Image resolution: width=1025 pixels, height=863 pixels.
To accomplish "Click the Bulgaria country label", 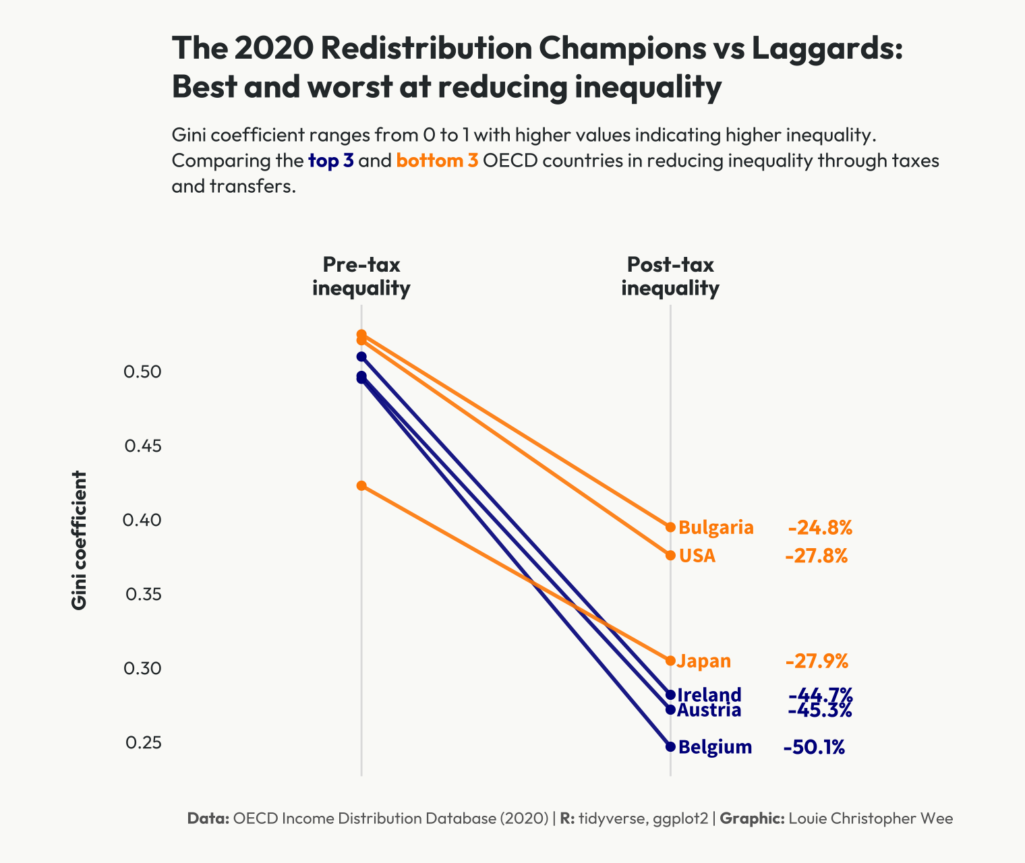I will tap(715, 527).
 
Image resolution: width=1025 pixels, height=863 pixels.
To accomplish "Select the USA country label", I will tap(697, 556).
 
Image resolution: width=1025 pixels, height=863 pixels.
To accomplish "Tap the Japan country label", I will tap(704, 661).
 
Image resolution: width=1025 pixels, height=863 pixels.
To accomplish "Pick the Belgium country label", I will tap(715, 747).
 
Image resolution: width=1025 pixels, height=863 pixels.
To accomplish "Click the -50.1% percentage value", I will tap(814, 747).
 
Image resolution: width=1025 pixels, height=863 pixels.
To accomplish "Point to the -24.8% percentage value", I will tap(820, 527).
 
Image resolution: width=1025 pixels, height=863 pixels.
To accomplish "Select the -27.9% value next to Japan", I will tap(817, 661).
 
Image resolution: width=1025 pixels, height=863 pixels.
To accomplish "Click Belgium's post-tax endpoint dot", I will tap(670, 746).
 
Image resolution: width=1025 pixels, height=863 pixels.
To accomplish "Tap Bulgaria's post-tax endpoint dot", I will tap(670, 527).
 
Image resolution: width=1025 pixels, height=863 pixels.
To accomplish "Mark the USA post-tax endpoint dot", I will tap(670, 555).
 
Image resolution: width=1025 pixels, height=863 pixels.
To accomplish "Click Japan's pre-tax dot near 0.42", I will tap(361, 485).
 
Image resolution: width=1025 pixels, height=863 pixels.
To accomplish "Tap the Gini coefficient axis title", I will tap(79, 540).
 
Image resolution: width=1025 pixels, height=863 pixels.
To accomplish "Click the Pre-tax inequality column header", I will tap(361, 276).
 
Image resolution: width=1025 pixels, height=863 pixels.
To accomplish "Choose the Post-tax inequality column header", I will tap(670, 276).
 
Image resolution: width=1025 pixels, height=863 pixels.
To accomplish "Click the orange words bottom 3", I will tap(437, 161).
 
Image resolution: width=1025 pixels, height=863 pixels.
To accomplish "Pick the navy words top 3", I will tap(330, 161).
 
